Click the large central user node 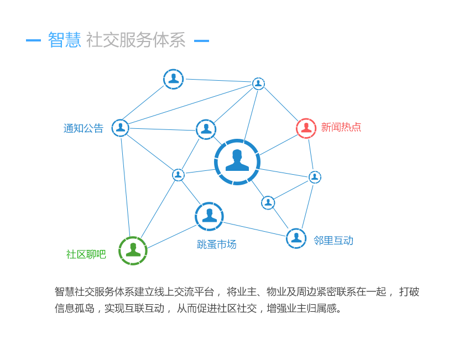tap(237, 161)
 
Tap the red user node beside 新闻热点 tap(306, 128)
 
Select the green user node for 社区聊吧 tap(133, 251)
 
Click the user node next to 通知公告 tap(120, 128)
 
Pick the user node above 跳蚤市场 tap(209, 216)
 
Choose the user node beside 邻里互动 tap(296, 238)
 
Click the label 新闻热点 tap(341, 127)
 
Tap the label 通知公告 tap(83, 128)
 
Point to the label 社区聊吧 tap(86, 254)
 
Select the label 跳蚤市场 tap(216, 244)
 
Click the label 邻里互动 tap(333, 241)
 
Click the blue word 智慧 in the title tap(64, 40)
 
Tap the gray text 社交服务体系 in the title tap(136, 40)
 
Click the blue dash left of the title tap(33, 40)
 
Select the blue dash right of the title tap(201, 40)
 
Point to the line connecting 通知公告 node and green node tap(126, 188)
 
